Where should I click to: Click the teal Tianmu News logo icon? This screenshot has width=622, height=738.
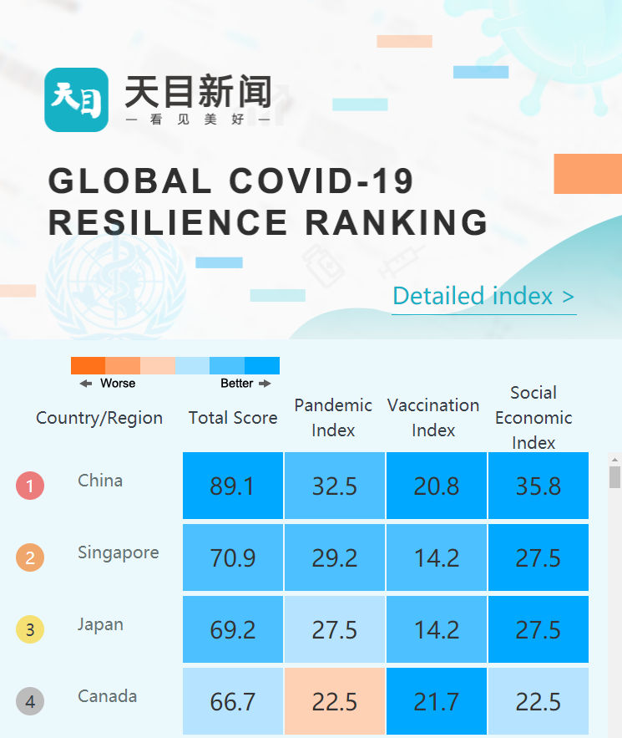tap(76, 99)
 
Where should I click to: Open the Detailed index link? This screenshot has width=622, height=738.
tap(483, 297)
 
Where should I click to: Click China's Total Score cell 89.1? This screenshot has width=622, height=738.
tap(233, 486)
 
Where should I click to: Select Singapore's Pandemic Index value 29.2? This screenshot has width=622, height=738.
tap(335, 557)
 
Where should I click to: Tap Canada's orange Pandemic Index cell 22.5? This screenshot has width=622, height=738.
tap(335, 701)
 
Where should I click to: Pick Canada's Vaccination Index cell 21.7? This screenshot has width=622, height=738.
tap(437, 701)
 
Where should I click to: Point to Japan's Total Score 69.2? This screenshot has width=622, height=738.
tap(233, 629)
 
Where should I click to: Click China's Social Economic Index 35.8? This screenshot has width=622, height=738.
tap(539, 486)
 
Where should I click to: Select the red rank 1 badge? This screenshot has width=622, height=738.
tap(30, 486)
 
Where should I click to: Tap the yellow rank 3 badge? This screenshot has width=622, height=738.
tap(30, 629)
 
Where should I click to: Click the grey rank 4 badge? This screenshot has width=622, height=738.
tap(30, 701)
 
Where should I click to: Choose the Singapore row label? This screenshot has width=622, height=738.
tap(118, 552)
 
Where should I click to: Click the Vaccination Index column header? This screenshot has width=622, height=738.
tap(433, 417)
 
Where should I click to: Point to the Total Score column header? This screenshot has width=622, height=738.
tap(233, 418)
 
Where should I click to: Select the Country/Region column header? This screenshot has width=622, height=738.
tap(99, 418)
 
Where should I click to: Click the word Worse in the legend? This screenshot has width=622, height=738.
tap(118, 384)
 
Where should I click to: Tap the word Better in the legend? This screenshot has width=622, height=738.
tap(236, 384)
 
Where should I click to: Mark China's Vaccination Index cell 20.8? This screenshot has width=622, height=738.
tap(437, 486)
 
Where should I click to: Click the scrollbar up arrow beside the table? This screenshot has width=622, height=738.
tap(615, 460)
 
